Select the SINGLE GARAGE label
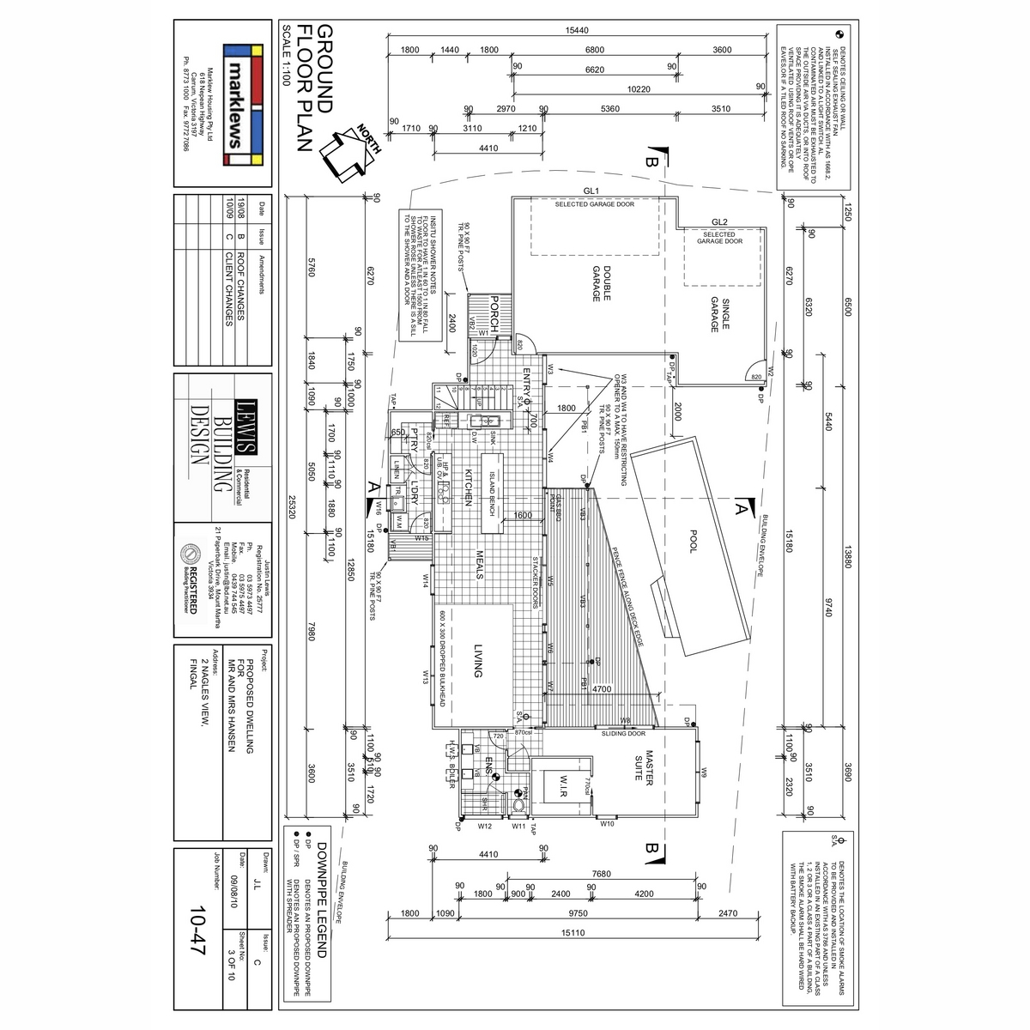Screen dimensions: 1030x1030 719,313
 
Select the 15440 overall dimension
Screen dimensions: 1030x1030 577,30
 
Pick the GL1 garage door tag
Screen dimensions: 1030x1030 591,191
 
